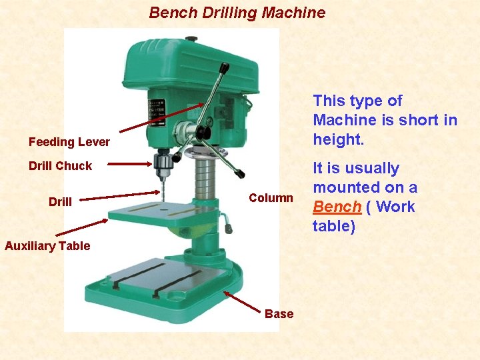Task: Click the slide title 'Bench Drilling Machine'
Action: click(x=237, y=13)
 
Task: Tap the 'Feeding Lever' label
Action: click(x=69, y=142)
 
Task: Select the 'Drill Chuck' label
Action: click(x=60, y=166)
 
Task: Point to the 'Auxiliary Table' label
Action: click(x=47, y=246)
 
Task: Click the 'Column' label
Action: click(x=271, y=198)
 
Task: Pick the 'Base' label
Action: click(x=279, y=314)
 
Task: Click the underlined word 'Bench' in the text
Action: click(x=337, y=207)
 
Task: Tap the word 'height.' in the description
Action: click(x=337, y=139)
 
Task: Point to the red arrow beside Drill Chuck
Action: click(x=130, y=162)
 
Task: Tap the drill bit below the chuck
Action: click(x=161, y=190)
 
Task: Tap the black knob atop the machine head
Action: click(x=191, y=39)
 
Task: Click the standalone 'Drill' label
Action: click(x=60, y=201)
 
